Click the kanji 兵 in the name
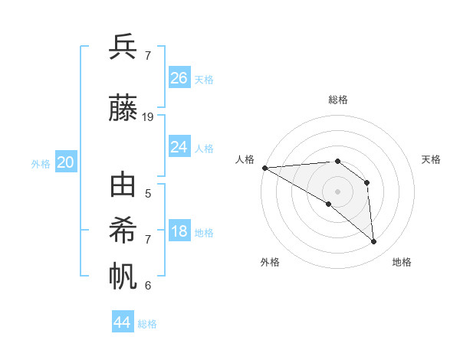pyautogui.click(x=123, y=47)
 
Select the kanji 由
pyautogui.click(x=123, y=185)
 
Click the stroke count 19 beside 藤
pyautogui.click(x=148, y=116)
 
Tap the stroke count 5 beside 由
pyautogui.click(x=148, y=193)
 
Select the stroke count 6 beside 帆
pyautogui.click(x=148, y=285)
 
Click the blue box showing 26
pyautogui.click(x=179, y=78)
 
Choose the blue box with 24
pyautogui.click(x=179, y=147)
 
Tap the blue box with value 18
pyautogui.click(x=179, y=232)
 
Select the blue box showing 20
pyautogui.click(x=65, y=162)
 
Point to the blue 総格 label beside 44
pyautogui.click(x=147, y=324)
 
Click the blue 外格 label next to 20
pyautogui.click(x=41, y=164)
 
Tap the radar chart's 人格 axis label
pyautogui.click(x=245, y=159)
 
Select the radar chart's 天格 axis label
pyautogui.click(x=431, y=159)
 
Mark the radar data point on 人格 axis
pyautogui.click(x=264, y=168)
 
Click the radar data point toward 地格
pyautogui.click(x=373, y=241)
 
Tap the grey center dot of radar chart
pyautogui.click(x=337, y=191)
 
